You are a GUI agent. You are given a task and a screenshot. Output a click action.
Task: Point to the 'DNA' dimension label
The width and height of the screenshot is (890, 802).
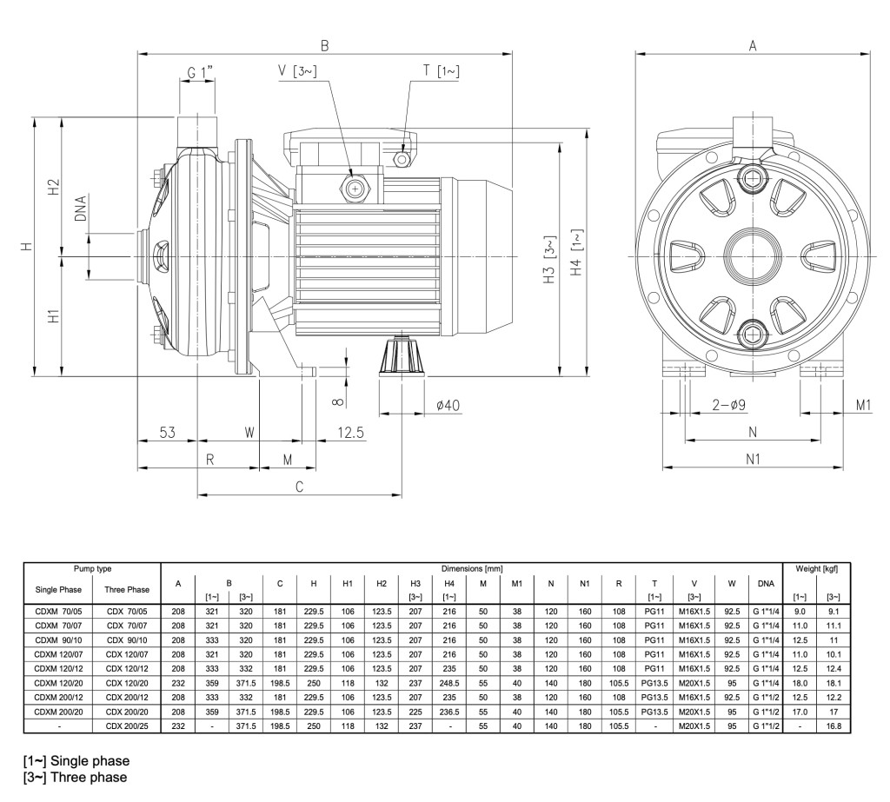point(81,209)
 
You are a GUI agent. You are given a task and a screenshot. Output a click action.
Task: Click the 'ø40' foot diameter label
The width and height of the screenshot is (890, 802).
point(448,404)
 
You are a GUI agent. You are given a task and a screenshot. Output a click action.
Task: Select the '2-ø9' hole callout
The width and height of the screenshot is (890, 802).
point(728,404)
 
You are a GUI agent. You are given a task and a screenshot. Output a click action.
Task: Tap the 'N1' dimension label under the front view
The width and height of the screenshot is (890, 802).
point(753,458)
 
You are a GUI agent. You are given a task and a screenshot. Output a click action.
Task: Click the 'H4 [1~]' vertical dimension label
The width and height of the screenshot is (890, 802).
point(576,254)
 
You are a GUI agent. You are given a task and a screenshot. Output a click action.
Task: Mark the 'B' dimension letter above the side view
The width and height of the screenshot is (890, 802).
point(324,45)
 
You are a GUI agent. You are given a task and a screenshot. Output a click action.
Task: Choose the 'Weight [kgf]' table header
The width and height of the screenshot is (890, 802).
point(816,567)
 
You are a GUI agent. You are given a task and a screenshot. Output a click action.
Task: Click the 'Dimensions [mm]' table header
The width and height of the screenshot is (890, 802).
point(474,567)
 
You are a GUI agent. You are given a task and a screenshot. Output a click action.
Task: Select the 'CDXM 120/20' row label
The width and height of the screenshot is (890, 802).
point(57,685)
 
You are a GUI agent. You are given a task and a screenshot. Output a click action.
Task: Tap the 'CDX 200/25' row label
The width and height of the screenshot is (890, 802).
point(127,725)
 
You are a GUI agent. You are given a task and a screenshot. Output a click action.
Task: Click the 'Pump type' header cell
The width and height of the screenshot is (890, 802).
point(92,567)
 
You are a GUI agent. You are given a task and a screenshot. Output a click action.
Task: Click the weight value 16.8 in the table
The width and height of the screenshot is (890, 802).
point(832,725)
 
